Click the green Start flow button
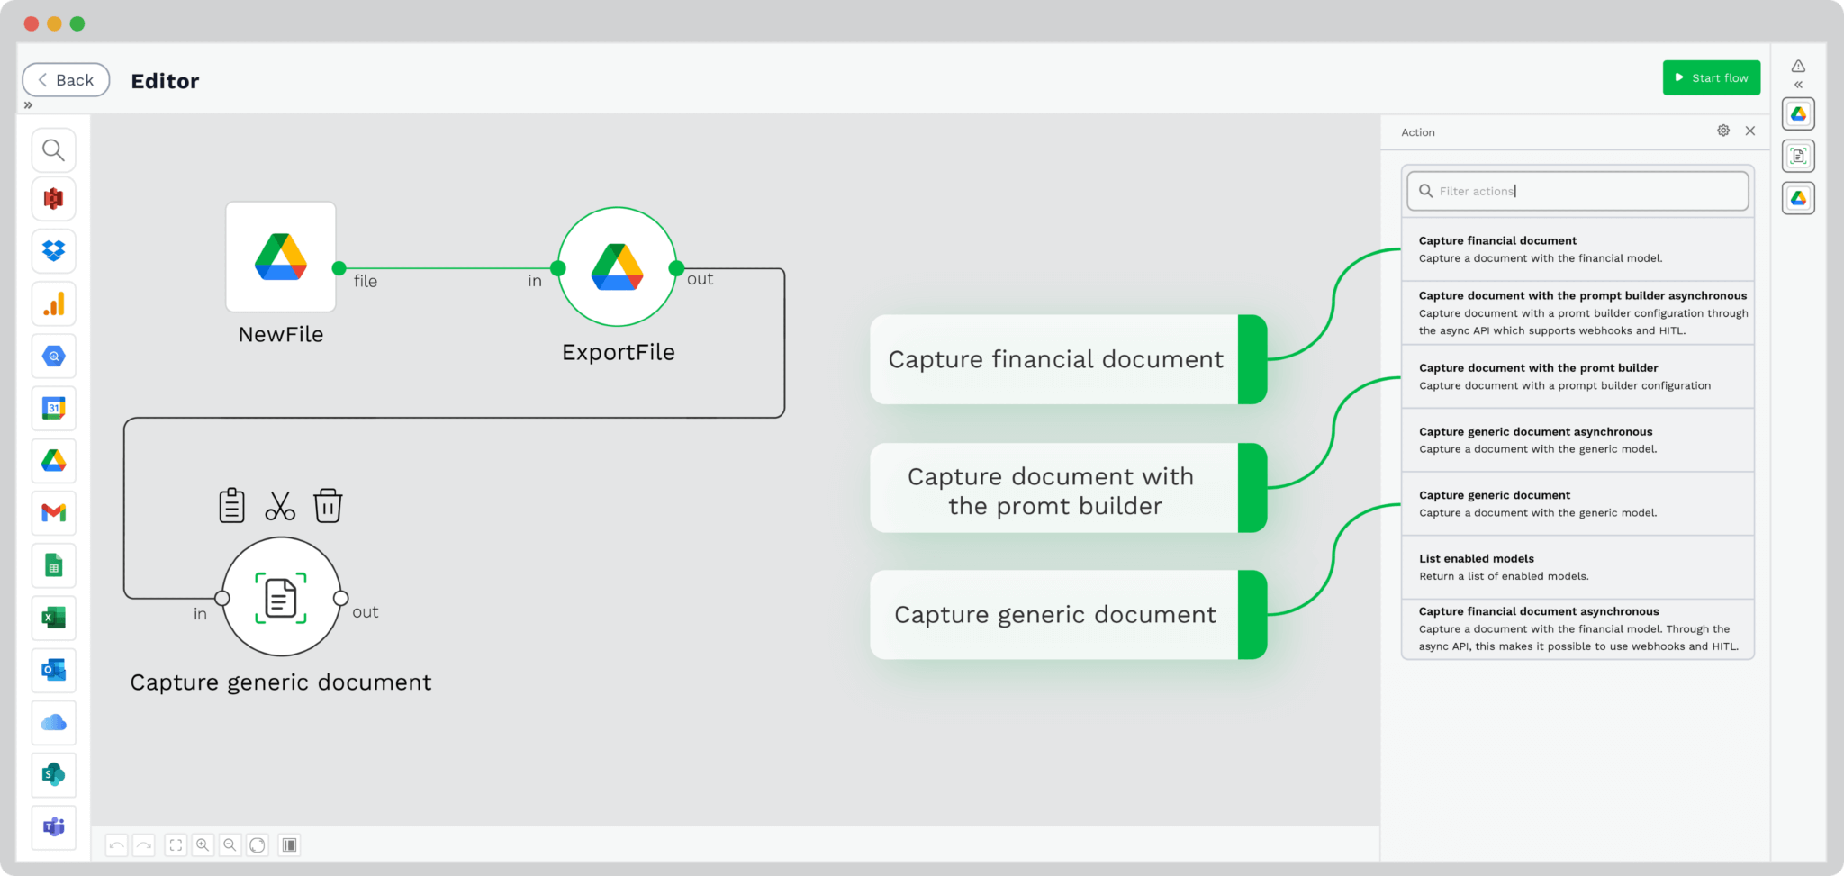click(1711, 77)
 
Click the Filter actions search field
click(1577, 191)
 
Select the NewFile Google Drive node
click(281, 257)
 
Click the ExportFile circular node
click(617, 266)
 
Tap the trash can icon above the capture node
click(328, 505)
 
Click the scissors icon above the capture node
click(280, 506)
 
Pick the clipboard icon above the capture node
click(231, 505)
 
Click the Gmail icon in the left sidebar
click(54, 513)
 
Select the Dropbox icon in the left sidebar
click(54, 250)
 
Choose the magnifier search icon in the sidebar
click(54, 149)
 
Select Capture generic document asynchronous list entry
click(1577, 440)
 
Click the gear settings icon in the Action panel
click(1723, 131)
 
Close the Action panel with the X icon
click(1750, 131)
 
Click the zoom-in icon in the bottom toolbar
click(203, 844)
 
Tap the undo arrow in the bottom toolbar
click(116, 844)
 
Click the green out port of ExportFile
click(676, 268)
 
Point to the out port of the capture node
click(340, 598)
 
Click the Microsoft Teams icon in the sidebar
click(54, 826)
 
